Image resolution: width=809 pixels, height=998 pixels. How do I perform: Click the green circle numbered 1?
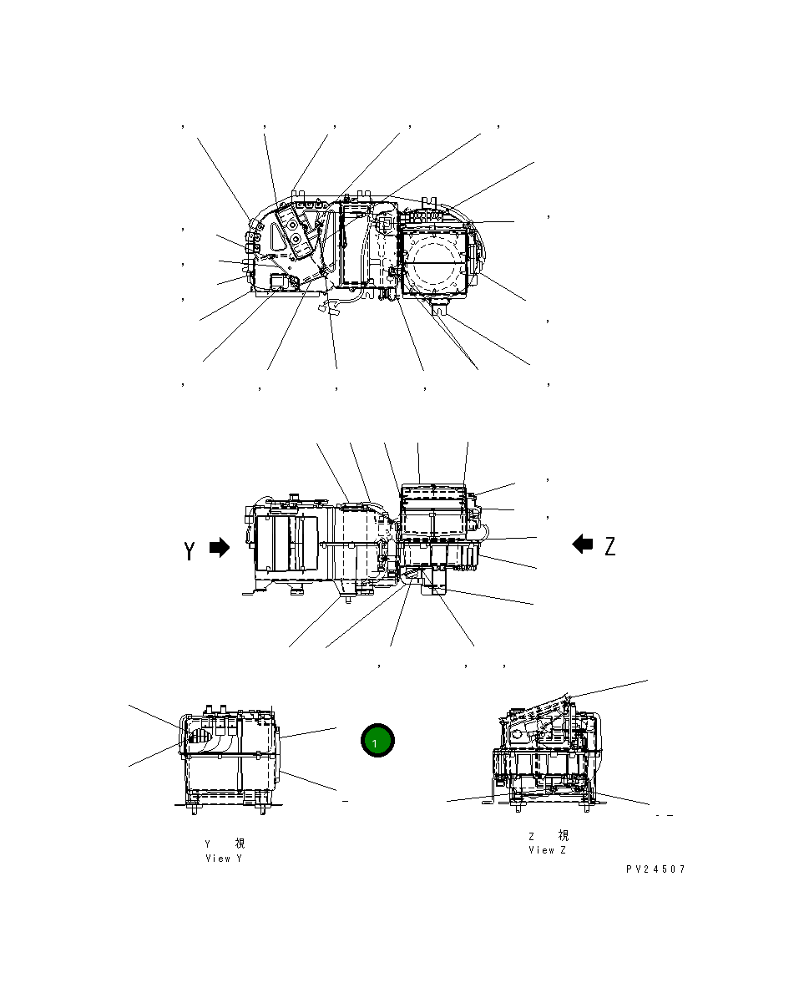tap(377, 741)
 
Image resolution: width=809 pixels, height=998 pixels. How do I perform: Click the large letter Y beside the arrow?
tap(190, 550)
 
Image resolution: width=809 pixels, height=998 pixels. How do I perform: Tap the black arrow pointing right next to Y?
tap(219, 548)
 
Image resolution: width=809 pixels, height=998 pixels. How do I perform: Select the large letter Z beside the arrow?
tap(610, 546)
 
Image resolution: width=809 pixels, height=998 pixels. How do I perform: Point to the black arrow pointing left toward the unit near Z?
tap(583, 545)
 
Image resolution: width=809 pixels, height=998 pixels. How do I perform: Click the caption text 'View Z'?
tap(547, 850)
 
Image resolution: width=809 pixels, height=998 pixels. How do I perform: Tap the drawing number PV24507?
tap(655, 869)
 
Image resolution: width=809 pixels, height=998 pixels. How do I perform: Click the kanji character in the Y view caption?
tap(240, 843)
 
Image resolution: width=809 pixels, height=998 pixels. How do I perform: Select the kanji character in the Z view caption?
tap(563, 836)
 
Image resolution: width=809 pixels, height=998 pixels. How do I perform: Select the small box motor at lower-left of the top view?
tap(281, 281)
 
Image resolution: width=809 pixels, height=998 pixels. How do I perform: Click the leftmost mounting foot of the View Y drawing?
tap(193, 806)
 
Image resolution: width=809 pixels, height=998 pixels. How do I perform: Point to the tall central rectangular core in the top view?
tap(356, 246)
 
